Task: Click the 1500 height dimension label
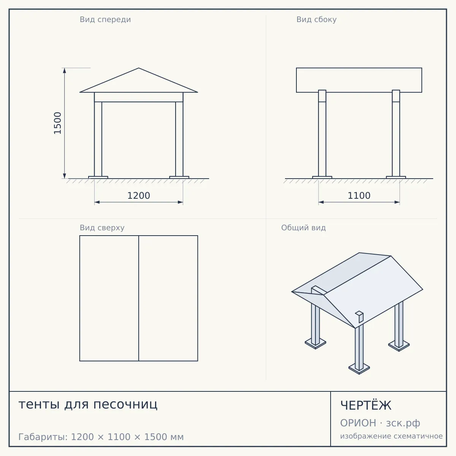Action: pyautogui.click(x=57, y=123)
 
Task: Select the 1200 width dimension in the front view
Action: pyautogui.click(x=139, y=196)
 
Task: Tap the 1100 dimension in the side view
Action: pyautogui.click(x=359, y=196)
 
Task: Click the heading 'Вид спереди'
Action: pyautogui.click(x=105, y=20)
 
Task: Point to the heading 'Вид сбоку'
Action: pyautogui.click(x=317, y=20)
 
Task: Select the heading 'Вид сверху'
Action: pyautogui.click(x=102, y=228)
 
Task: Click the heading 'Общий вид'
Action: pyautogui.click(x=303, y=228)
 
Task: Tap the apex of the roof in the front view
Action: pyautogui.click(x=139, y=68)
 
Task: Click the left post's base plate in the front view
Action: pyautogui.click(x=98, y=177)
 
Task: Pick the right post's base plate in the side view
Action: pyautogui.click(x=396, y=177)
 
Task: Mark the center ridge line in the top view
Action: pyautogui.click(x=139, y=298)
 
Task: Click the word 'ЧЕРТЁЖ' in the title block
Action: pyautogui.click(x=366, y=405)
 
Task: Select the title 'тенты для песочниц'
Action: pyautogui.click(x=88, y=404)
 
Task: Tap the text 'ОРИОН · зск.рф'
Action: pyautogui.click(x=380, y=423)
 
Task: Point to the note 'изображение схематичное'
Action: pyautogui.click(x=391, y=436)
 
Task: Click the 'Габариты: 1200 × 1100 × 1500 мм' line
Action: pyautogui.click(x=101, y=437)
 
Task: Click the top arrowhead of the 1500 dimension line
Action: pyautogui.click(x=64, y=71)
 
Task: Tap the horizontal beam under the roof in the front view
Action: pyautogui.click(x=139, y=97)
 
